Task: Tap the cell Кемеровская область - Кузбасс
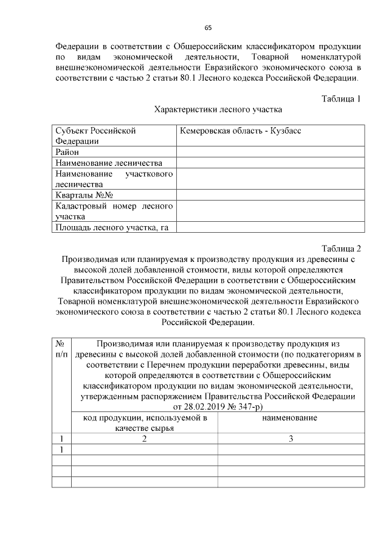click(240, 131)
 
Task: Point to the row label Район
click(67, 152)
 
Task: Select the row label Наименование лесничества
click(109, 163)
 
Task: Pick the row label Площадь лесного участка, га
click(111, 227)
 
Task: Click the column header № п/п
click(61, 348)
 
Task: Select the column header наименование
click(291, 418)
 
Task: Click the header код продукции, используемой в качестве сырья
click(145, 423)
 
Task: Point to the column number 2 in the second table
click(145, 439)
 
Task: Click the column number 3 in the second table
click(291, 439)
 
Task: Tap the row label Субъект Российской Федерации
click(94, 136)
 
